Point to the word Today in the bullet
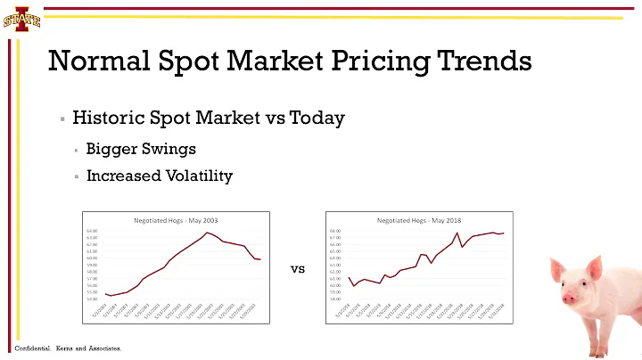click(x=317, y=119)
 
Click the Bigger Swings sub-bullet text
click(x=141, y=148)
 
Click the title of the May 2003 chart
click(x=176, y=219)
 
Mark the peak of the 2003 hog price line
click(x=207, y=233)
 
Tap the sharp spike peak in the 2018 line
click(x=457, y=233)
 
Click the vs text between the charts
click(x=298, y=267)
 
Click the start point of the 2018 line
click(x=349, y=276)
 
